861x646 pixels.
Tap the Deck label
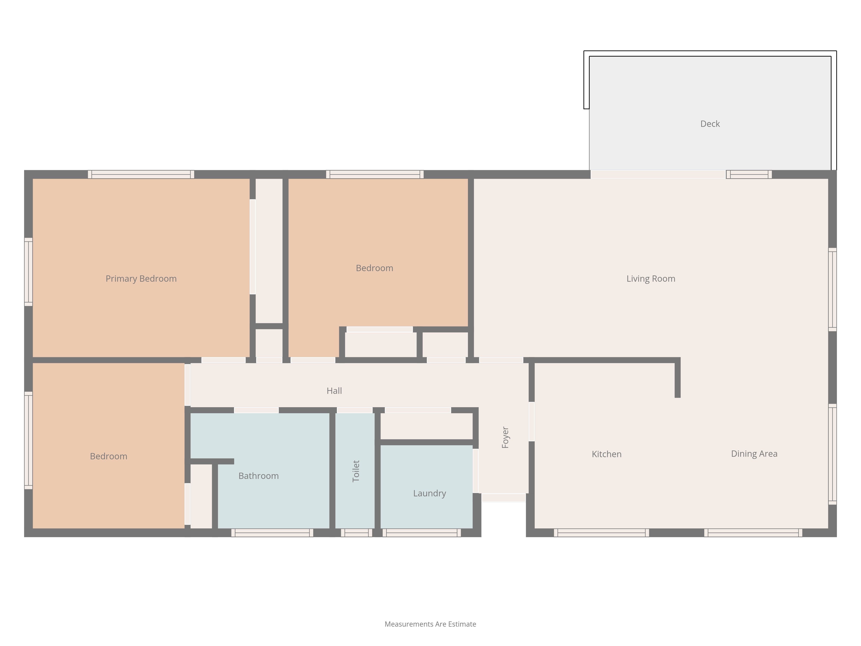(x=710, y=124)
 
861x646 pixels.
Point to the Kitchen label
(x=606, y=454)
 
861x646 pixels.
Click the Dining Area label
(x=754, y=454)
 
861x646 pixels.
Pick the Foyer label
(x=505, y=437)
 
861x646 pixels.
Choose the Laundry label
(x=429, y=493)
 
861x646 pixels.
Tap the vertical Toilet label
(x=356, y=471)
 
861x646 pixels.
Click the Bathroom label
(x=259, y=476)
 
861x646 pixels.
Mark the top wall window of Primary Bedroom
(x=141, y=174)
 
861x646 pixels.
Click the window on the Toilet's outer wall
(x=356, y=533)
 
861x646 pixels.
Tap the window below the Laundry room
(x=421, y=533)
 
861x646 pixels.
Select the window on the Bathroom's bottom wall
(x=272, y=533)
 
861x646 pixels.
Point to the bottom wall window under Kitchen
(x=601, y=533)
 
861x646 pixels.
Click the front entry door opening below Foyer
(x=504, y=498)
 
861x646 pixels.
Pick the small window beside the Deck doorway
(x=749, y=174)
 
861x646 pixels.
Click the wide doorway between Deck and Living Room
(x=658, y=174)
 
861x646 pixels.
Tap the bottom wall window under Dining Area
(x=753, y=533)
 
